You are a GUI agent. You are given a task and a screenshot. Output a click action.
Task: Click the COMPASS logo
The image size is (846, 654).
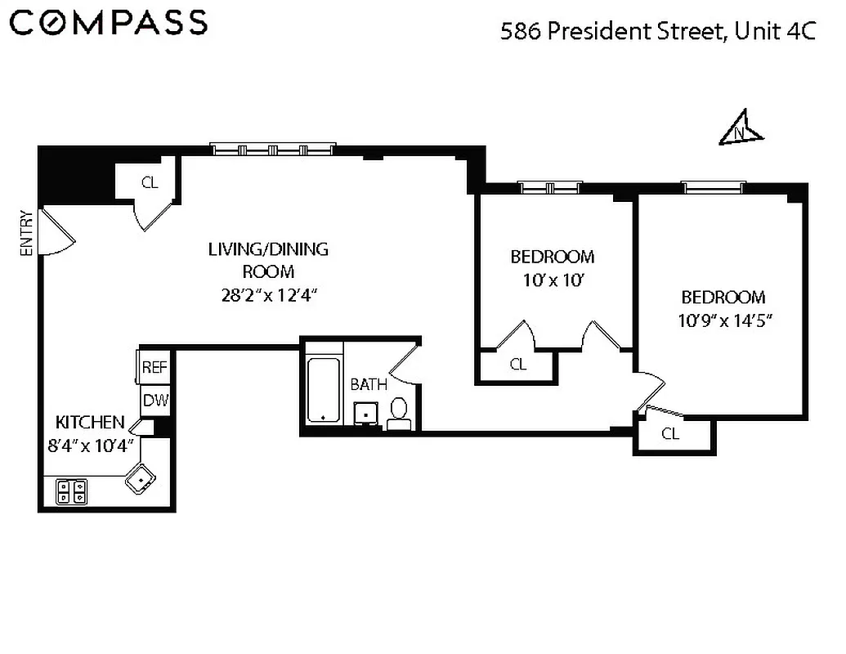110,23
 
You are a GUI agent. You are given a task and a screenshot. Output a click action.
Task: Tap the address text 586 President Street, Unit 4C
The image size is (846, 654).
658,32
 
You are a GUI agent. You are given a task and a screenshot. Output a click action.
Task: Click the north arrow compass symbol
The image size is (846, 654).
741,129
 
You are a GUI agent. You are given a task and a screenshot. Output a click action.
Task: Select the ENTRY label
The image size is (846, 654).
26,234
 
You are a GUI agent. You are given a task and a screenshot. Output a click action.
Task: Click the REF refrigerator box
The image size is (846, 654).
154,367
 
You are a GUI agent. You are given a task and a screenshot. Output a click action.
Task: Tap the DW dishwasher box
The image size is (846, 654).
154,401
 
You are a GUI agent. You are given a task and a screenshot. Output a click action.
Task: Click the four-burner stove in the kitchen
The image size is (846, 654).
71,491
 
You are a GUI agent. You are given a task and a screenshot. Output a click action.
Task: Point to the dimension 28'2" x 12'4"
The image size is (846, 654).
267,294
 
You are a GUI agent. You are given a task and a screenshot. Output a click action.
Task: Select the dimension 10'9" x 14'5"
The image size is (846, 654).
723,320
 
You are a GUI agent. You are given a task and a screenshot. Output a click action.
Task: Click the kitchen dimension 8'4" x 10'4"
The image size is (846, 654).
92,447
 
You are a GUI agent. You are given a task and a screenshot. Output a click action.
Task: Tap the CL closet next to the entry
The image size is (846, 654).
149,182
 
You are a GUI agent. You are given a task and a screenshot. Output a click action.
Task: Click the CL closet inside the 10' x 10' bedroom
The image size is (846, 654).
517,365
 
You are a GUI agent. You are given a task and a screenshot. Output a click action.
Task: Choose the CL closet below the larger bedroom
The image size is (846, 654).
670,434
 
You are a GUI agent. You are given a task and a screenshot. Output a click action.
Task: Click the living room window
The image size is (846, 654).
272,149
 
